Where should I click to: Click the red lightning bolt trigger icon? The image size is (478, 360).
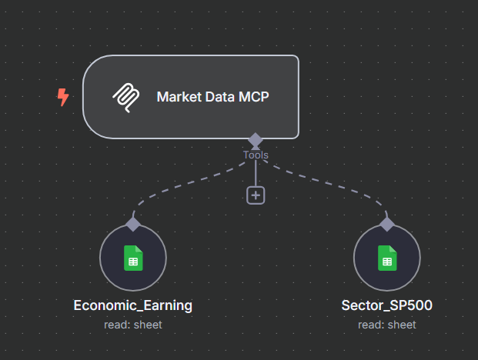[x=63, y=97]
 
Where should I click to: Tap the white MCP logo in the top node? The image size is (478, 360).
[x=126, y=97]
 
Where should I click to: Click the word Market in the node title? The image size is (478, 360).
[x=176, y=97]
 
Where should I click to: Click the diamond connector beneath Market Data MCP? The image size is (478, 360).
[x=256, y=140]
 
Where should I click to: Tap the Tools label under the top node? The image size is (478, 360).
[x=256, y=155]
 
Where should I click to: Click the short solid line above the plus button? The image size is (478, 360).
[x=256, y=173]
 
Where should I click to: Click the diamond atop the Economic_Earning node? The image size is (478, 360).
[x=133, y=224]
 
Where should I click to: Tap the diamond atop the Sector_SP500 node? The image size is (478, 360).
[x=386, y=224]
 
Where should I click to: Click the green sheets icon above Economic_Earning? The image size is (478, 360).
[x=133, y=258]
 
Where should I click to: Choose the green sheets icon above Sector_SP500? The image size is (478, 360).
[x=386, y=258]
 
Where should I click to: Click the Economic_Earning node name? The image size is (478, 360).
[x=133, y=305]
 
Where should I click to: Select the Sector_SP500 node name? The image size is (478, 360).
[x=386, y=305]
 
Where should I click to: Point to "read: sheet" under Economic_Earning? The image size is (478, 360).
[x=133, y=325]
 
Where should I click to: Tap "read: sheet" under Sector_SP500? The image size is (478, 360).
[x=386, y=325]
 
